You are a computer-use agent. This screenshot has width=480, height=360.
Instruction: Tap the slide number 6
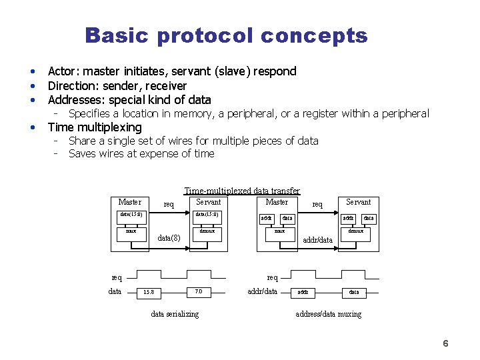click(445, 343)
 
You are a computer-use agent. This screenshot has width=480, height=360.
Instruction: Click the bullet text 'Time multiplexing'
click(95, 127)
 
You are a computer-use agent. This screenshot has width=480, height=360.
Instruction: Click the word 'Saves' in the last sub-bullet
click(82, 154)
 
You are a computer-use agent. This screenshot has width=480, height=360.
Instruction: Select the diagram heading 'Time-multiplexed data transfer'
click(241, 191)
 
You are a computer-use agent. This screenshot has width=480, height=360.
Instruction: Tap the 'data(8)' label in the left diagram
click(169, 238)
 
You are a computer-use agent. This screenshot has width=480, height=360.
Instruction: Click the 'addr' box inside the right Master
click(266, 218)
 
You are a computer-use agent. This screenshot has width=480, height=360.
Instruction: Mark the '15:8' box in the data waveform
click(148, 292)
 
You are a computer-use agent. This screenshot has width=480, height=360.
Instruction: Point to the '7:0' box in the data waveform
click(198, 292)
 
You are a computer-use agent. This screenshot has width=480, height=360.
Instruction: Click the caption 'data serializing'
click(174, 314)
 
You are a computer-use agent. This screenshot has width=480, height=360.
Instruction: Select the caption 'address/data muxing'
click(328, 314)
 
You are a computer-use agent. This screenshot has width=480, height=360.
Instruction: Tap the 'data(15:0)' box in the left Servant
click(206, 215)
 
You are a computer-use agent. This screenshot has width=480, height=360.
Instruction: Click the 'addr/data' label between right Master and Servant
click(318, 239)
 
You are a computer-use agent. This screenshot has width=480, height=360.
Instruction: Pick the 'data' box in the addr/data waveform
click(353, 292)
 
